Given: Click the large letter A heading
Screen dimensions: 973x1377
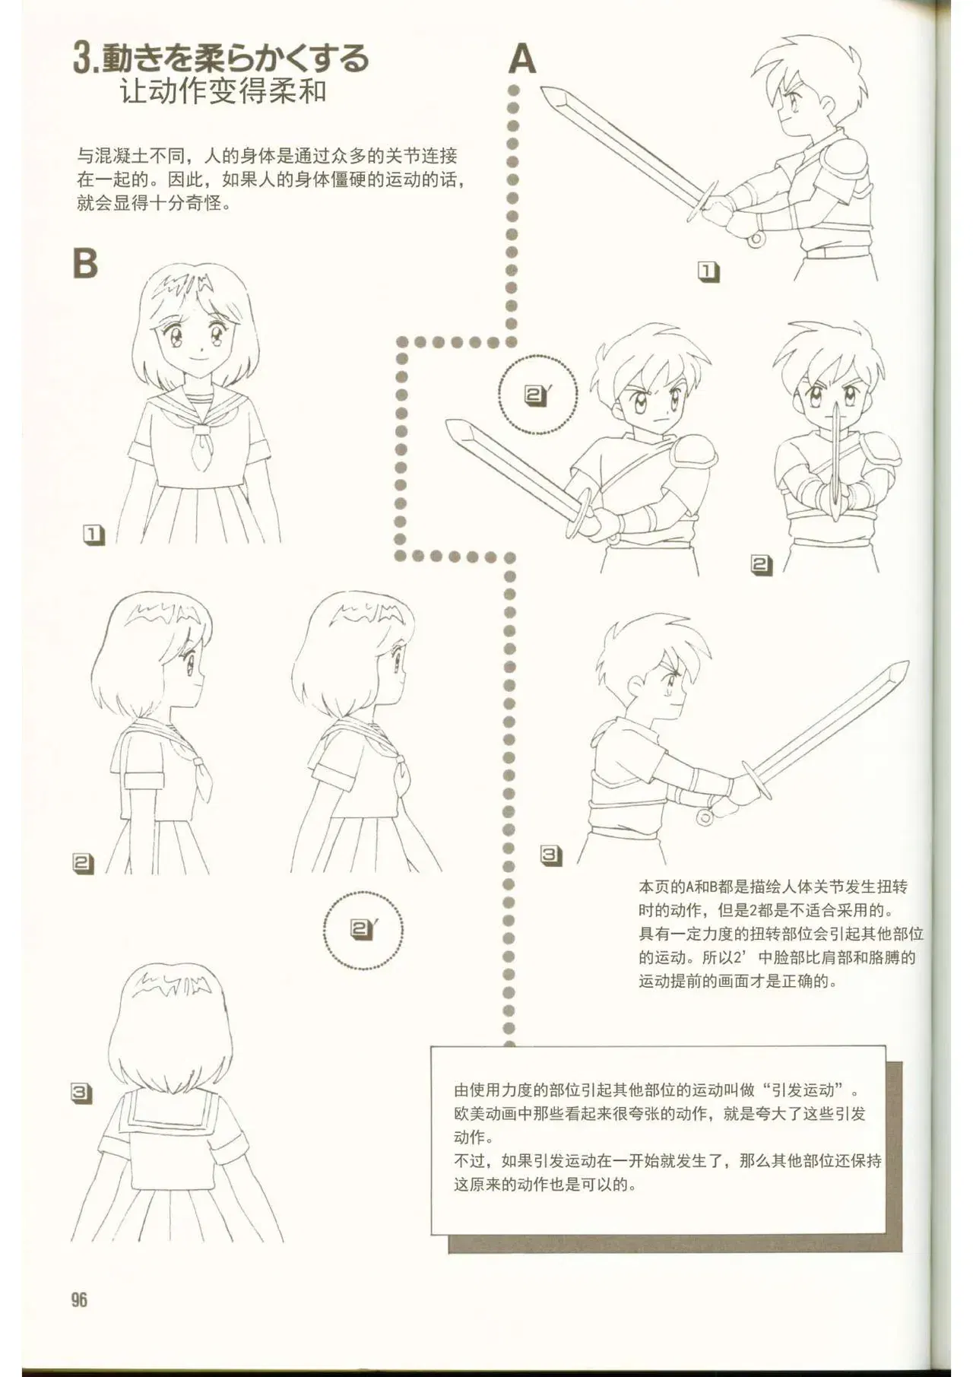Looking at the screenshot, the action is coord(522,59).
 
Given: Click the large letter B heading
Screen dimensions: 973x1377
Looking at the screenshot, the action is coord(85,263).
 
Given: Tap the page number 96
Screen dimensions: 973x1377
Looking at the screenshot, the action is coord(80,1299).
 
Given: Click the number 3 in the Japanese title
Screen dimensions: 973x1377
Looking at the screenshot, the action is coord(82,59).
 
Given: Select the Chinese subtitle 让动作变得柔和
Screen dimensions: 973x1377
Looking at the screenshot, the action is coord(223,92).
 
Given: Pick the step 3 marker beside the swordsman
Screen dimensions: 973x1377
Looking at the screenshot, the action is coord(551,855).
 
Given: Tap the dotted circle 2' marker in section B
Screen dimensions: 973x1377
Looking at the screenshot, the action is coord(363,929).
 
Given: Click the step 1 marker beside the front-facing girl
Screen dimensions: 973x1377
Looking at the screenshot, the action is coord(93,535).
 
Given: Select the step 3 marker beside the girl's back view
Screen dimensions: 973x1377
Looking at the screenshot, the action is coord(81,1093).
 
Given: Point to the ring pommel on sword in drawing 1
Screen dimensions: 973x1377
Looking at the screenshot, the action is coord(756,240).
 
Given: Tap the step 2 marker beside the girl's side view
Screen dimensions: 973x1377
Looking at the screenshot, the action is coord(84,863).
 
